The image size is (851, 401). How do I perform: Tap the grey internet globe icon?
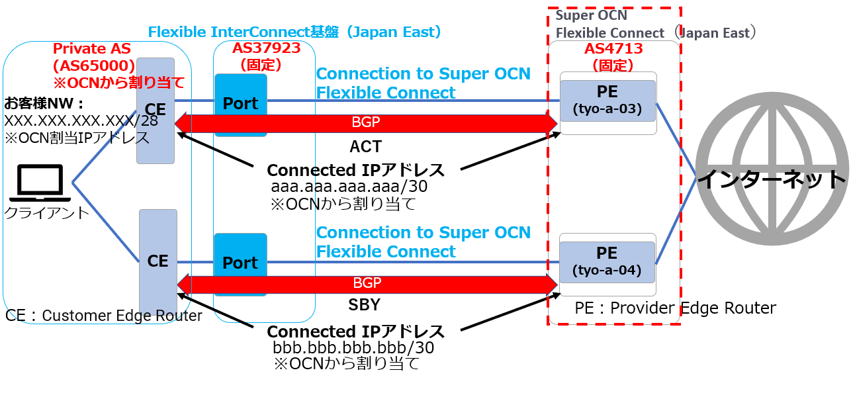pyautogui.click(x=772, y=178)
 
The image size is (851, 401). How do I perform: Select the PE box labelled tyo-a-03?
pyautogui.click(x=607, y=101)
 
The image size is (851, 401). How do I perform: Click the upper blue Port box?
pyautogui.click(x=240, y=105)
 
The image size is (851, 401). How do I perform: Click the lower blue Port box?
pyautogui.click(x=240, y=263)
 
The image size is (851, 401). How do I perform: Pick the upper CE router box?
pyautogui.click(x=156, y=111)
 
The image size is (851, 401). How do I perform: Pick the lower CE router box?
pyautogui.click(x=158, y=262)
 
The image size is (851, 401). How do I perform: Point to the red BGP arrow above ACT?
pyautogui.click(x=366, y=123)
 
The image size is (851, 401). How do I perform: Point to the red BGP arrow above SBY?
pyautogui.click(x=366, y=284)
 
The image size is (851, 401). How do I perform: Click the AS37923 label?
pyautogui.click(x=266, y=48)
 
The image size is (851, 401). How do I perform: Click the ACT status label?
pyautogui.click(x=366, y=146)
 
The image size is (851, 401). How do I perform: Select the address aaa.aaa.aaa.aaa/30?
pyautogui.click(x=349, y=187)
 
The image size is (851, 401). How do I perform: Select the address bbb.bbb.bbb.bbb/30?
pyautogui.click(x=353, y=347)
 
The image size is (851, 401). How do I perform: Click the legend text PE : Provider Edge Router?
pyautogui.click(x=675, y=308)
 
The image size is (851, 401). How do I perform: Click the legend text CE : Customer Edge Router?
pyautogui.click(x=104, y=316)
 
